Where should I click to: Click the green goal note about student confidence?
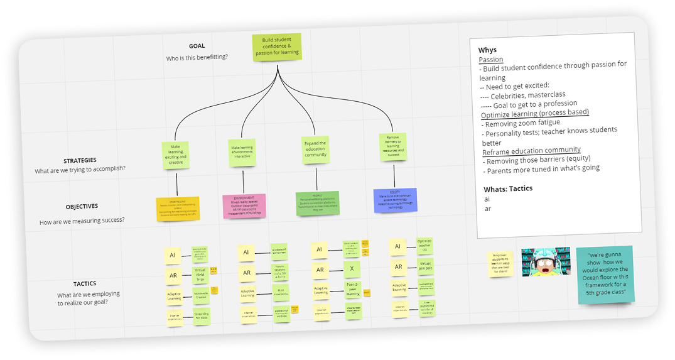point(277,48)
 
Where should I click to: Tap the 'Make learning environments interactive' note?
point(242,153)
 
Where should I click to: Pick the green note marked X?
point(352,268)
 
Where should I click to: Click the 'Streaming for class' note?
point(201,315)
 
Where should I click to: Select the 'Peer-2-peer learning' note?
point(353,289)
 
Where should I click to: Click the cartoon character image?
point(546,261)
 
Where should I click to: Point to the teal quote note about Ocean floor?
point(605,275)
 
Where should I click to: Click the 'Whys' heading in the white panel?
point(487,50)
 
